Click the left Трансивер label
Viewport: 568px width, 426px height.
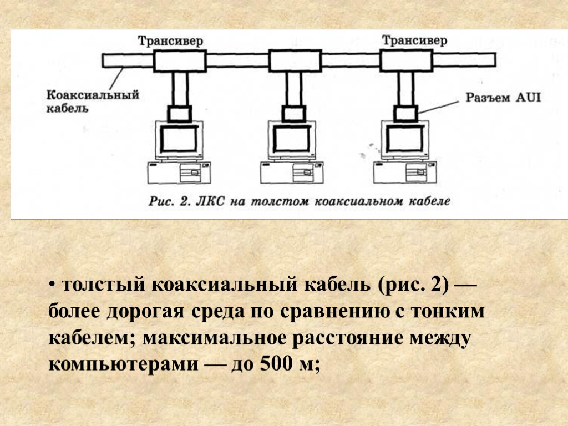point(170,40)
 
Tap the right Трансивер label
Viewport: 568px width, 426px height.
point(414,40)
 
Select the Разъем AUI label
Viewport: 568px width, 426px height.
point(503,98)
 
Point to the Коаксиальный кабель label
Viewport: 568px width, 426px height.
point(92,100)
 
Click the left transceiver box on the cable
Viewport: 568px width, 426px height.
point(179,60)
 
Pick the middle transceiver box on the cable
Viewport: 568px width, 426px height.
point(293,60)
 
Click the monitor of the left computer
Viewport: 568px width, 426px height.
point(179,140)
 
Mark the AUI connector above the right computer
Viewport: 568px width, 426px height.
point(407,114)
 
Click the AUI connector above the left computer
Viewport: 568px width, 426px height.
point(179,114)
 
